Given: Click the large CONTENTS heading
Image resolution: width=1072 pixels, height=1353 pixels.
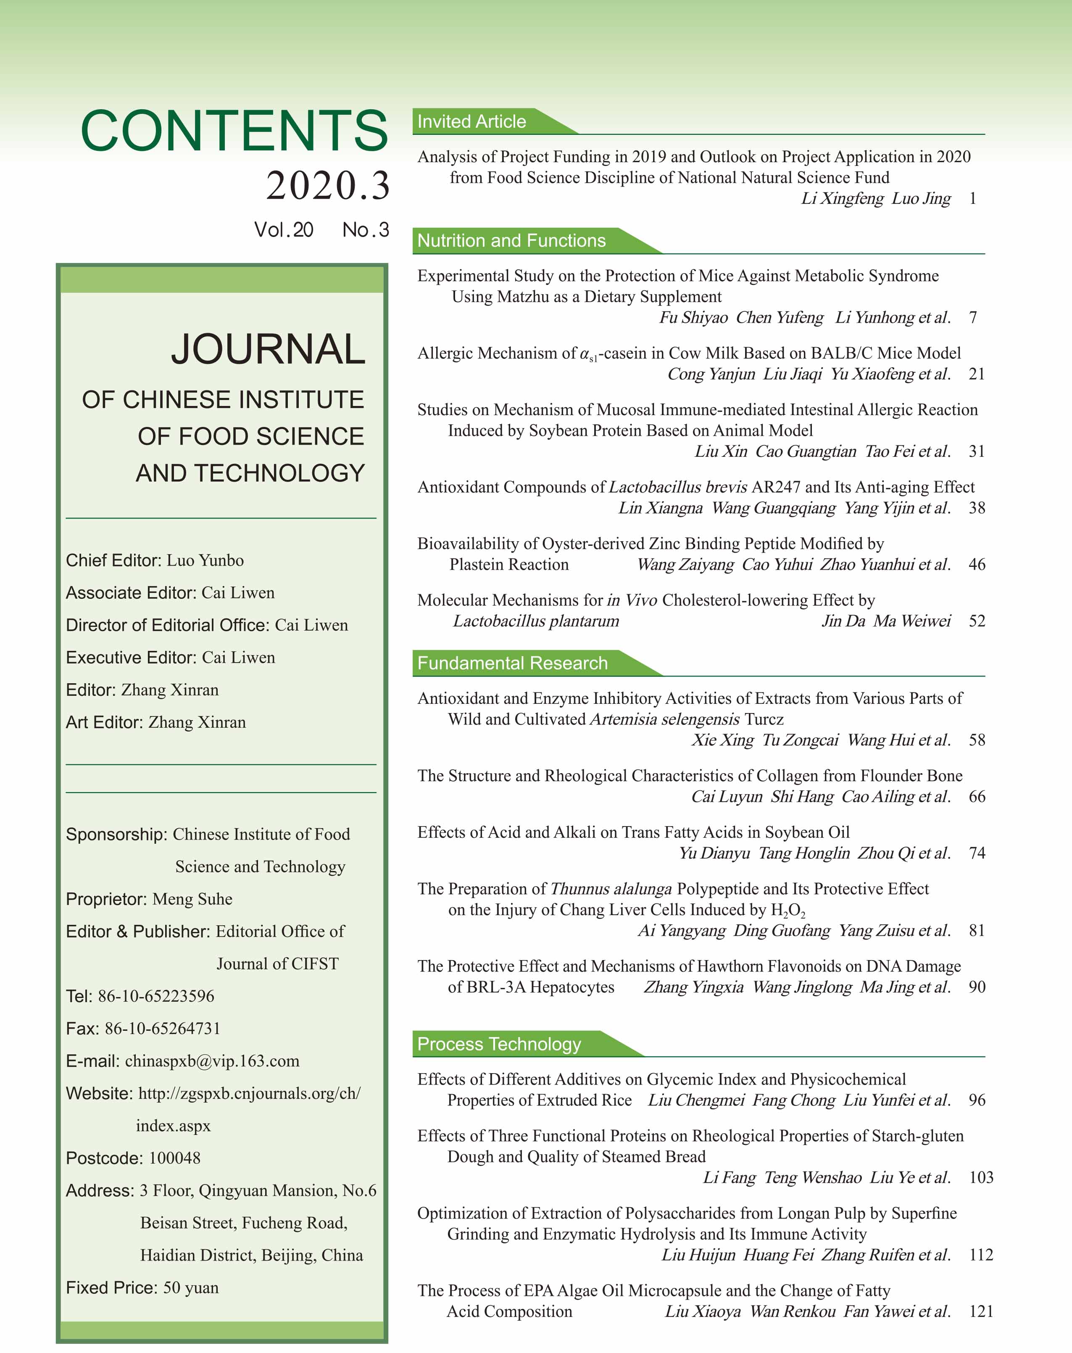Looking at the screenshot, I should tap(234, 131).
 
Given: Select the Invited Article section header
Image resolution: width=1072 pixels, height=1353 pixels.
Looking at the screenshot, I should tap(471, 122).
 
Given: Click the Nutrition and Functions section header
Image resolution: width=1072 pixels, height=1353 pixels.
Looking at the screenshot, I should tap(511, 241).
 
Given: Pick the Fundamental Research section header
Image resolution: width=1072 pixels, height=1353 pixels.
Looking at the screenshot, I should tap(512, 663).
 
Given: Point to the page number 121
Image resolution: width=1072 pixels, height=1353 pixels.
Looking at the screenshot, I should tap(981, 1311).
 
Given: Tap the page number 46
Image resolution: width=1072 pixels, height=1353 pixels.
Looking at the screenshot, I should tap(977, 564).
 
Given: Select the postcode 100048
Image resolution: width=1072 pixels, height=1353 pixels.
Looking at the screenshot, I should tap(174, 1158).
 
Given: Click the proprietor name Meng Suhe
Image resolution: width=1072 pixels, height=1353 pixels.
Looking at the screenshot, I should tap(192, 899).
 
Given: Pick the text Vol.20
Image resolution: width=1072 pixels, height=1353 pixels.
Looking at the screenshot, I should tap(284, 230).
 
